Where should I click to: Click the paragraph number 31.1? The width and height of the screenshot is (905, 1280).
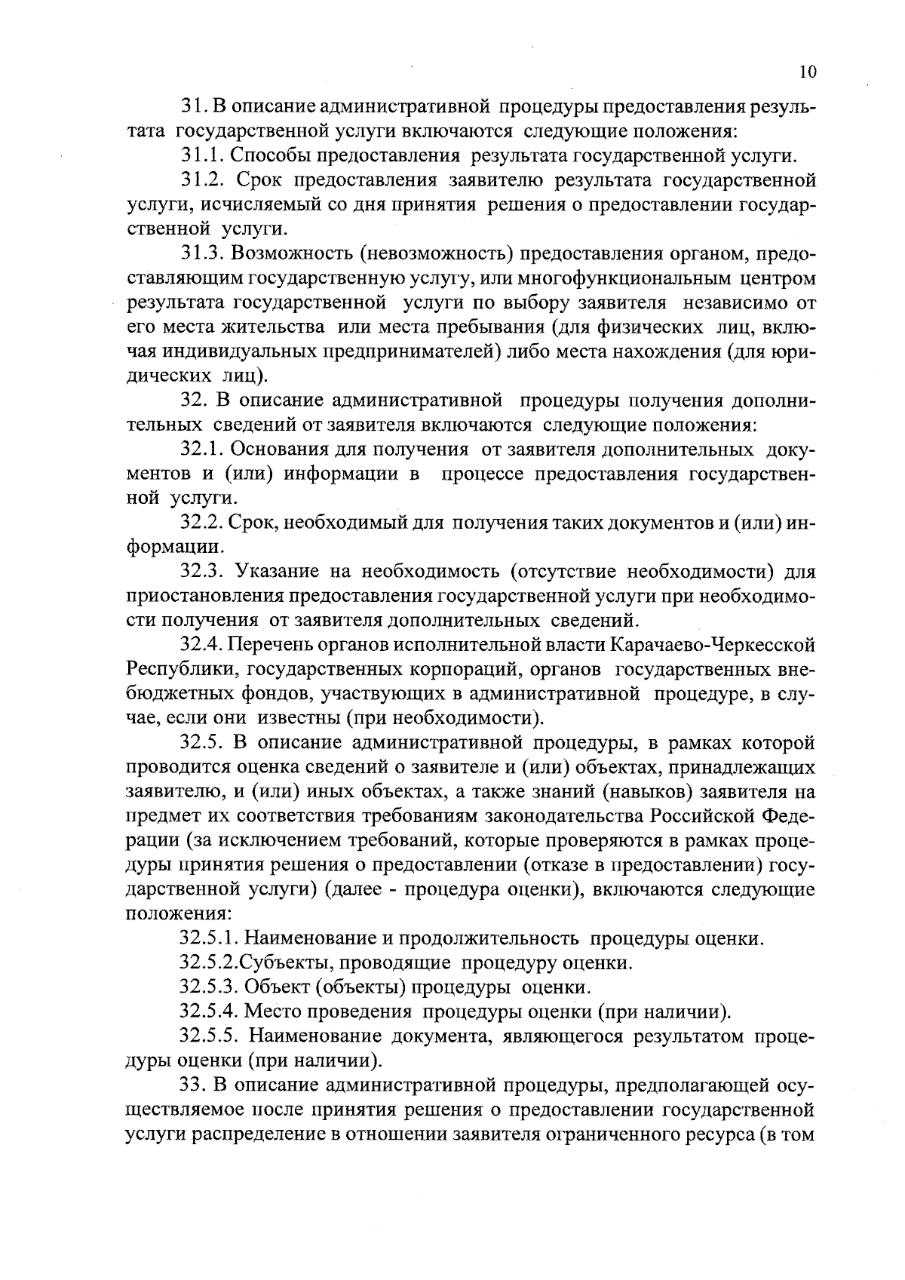(201, 156)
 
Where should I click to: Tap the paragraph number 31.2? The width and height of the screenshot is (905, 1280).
(201, 181)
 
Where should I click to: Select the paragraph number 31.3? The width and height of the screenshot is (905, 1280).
(201, 254)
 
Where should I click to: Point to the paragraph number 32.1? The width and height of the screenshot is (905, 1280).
(201, 450)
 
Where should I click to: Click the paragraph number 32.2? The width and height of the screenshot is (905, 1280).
(201, 523)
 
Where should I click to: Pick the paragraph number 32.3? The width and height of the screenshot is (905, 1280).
(201, 572)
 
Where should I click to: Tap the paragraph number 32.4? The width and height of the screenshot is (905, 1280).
(201, 645)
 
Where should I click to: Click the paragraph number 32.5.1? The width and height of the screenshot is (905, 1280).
(210, 939)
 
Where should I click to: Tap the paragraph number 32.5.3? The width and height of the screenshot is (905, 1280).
(210, 987)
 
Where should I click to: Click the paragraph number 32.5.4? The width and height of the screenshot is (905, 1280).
(210, 1011)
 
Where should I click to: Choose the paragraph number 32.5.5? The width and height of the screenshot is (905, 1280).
(210, 1036)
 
